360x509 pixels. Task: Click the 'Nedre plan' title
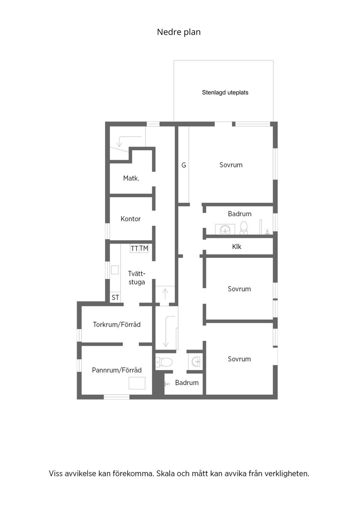178,32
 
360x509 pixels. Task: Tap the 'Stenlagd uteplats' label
225,93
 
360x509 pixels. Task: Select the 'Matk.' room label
131,178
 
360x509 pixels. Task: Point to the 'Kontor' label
130,219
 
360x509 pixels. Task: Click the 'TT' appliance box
135,249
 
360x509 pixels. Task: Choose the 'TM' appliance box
144,249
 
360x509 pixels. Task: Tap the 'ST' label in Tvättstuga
115,298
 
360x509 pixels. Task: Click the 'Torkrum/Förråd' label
117,325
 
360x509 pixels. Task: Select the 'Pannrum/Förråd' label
117,370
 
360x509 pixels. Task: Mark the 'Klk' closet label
237,247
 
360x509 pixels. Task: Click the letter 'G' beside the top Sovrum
184,165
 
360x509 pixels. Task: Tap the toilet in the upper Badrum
244,228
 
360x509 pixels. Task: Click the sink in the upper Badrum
225,229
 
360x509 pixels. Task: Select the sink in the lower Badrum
196,362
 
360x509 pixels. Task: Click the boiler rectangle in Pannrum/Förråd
137,383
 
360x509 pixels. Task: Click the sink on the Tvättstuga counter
115,270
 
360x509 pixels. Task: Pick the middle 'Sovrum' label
239,289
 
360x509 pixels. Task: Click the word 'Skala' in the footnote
165,474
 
